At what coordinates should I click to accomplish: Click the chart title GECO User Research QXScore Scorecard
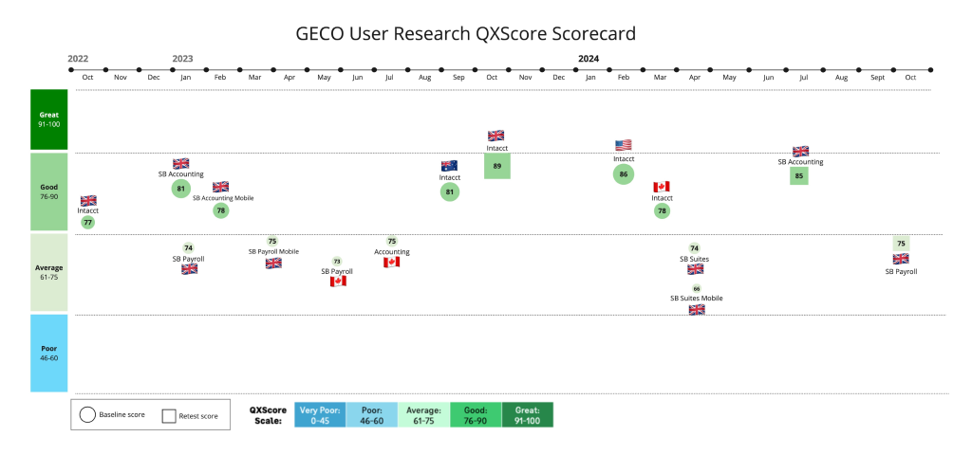pos(466,33)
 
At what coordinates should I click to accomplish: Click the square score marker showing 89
pos(496,166)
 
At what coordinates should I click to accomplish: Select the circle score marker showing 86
pos(623,174)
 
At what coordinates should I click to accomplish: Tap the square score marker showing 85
pos(799,174)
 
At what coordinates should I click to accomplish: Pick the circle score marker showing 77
pos(87,222)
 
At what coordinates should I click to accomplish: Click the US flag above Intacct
pos(623,145)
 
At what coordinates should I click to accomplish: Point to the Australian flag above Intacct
pos(449,165)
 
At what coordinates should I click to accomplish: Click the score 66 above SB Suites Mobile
pos(696,288)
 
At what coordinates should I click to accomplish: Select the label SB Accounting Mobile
pos(223,198)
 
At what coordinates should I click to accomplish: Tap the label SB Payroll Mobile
pos(273,251)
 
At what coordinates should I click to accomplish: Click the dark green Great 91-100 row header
pos(49,119)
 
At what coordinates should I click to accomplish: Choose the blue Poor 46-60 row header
pos(49,353)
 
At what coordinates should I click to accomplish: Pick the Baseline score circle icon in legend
pos(87,415)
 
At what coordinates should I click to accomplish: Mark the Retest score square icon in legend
pos(170,415)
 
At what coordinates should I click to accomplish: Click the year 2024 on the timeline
pos(589,59)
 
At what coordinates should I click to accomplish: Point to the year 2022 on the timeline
pos(78,59)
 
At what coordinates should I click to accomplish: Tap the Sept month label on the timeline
pos(877,76)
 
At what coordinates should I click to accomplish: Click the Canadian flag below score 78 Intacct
pos(662,187)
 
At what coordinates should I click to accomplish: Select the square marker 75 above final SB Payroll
pos(901,244)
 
